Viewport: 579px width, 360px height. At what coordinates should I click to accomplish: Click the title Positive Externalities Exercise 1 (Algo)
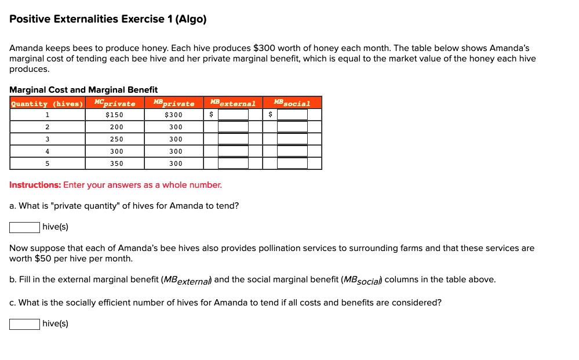[x=108, y=19]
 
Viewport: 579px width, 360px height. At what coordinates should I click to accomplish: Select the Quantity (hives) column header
[x=47, y=103]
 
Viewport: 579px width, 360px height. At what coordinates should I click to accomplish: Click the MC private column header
[x=115, y=103]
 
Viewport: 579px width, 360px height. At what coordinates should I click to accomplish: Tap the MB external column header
[x=232, y=103]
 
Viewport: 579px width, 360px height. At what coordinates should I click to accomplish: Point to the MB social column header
[x=292, y=103]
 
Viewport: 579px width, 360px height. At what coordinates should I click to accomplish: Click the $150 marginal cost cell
[x=115, y=115]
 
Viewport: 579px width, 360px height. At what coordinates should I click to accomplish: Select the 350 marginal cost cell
[x=116, y=163]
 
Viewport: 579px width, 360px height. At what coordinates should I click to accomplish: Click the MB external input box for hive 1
[x=233, y=115]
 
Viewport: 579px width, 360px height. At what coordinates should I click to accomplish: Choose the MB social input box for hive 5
[x=292, y=163]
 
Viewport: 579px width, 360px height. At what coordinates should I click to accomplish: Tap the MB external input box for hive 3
[x=233, y=139]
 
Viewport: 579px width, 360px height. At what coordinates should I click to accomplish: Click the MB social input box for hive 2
[x=292, y=127]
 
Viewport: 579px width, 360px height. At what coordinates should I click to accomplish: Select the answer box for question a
[x=24, y=227]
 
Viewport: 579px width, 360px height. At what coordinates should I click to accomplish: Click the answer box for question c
[x=24, y=323]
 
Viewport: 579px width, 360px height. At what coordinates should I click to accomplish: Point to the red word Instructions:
[x=35, y=185]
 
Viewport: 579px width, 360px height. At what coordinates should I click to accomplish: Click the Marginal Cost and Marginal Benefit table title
[x=83, y=90]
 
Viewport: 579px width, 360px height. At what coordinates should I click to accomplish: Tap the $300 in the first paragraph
[x=264, y=48]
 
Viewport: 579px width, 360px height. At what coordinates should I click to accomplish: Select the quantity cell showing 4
[x=47, y=151]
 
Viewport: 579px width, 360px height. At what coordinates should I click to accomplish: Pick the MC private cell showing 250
[x=116, y=139]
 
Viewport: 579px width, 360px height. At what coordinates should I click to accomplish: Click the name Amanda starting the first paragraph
[x=27, y=48]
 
